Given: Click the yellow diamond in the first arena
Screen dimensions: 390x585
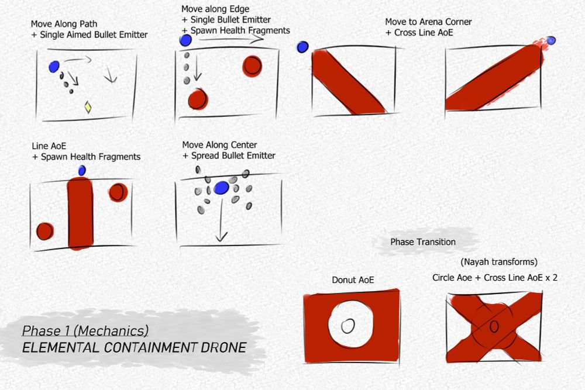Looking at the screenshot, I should (88, 107).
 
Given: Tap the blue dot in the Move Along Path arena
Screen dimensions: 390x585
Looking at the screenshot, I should (54, 67).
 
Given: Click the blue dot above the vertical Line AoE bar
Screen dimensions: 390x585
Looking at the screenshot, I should (82, 170).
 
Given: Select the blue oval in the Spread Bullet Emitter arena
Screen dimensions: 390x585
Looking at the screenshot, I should (221, 188).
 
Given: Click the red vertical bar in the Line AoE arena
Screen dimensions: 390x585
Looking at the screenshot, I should (81, 213).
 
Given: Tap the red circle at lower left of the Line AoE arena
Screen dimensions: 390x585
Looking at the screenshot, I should (44, 231).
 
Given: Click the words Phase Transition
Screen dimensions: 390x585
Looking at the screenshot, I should (422, 241).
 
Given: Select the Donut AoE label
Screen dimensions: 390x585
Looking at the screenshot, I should (353, 280).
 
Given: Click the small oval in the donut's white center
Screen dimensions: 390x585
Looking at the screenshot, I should (348, 326).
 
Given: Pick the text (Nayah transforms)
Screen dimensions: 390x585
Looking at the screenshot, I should (498, 262).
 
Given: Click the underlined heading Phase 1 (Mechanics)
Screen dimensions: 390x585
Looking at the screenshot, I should (85, 331).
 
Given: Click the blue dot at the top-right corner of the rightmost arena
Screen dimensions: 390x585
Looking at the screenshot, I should (550, 40).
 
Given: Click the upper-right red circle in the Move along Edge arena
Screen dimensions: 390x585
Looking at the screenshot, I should (252, 65).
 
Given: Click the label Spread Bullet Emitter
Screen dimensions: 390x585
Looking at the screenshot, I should (232, 156).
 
